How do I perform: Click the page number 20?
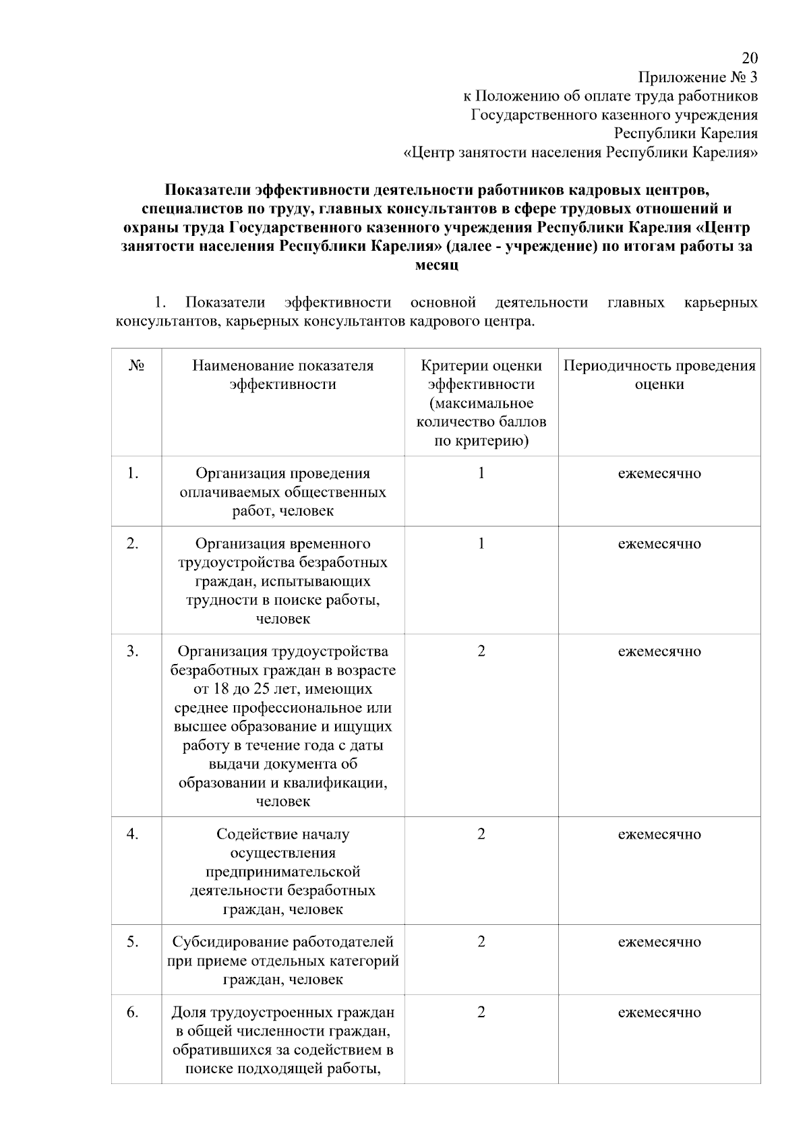750,57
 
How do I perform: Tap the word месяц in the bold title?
436,265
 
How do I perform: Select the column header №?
136,366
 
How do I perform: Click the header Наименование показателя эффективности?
282,375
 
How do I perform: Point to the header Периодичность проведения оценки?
659,375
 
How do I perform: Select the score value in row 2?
481,543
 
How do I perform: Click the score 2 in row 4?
481,834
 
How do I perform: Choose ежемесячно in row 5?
659,942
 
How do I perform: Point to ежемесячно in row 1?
659,473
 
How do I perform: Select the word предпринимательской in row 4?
282,872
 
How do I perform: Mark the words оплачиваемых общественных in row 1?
282,492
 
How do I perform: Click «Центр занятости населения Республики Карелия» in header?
580,152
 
